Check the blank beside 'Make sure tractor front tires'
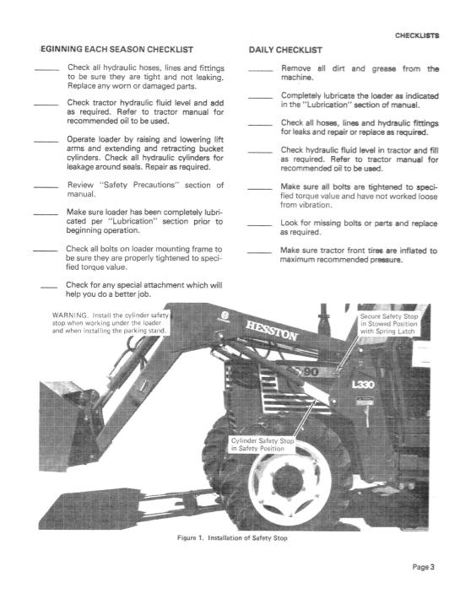pyautogui.click(x=260, y=251)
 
